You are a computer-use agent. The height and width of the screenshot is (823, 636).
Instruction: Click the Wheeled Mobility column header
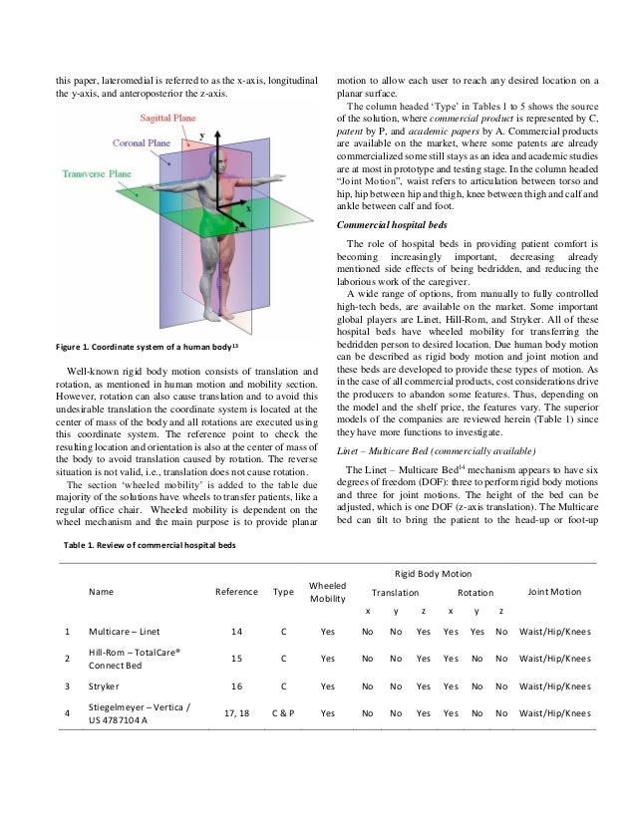point(327,592)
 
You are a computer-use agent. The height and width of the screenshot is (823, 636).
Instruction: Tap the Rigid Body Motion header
point(434,574)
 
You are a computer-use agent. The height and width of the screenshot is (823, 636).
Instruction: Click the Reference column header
point(236,592)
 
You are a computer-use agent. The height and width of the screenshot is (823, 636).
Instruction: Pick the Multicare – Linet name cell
point(122,631)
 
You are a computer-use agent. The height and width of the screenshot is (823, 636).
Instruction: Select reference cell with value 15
point(236,659)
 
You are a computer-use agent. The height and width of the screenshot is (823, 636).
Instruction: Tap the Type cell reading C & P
point(283,713)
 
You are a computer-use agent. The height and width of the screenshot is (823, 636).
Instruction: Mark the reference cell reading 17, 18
point(236,713)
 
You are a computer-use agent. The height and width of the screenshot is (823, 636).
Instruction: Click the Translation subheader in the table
point(396,592)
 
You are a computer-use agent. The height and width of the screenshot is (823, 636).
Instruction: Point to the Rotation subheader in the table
point(475,592)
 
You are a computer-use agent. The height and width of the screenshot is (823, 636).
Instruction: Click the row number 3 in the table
point(66,686)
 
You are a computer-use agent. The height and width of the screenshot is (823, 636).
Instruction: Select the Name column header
point(102,592)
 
